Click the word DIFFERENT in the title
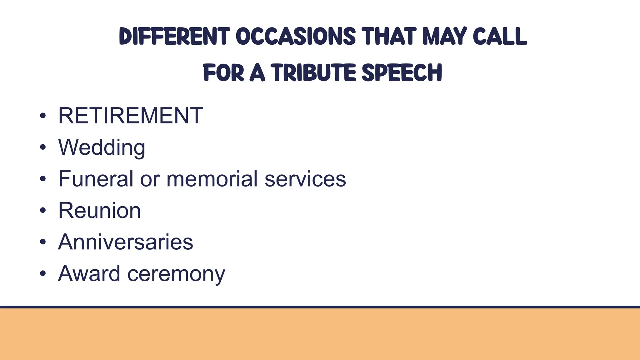click(x=174, y=37)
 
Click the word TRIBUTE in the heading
click(x=313, y=73)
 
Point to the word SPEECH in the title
click(x=402, y=73)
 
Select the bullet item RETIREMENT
click(x=130, y=116)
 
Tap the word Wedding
click(x=102, y=147)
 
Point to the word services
click(x=305, y=179)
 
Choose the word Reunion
click(x=99, y=210)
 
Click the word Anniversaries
click(x=125, y=242)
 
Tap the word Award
click(x=89, y=273)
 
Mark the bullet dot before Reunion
click(x=43, y=211)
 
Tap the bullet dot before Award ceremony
click(x=43, y=274)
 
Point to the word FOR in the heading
click(x=223, y=73)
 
